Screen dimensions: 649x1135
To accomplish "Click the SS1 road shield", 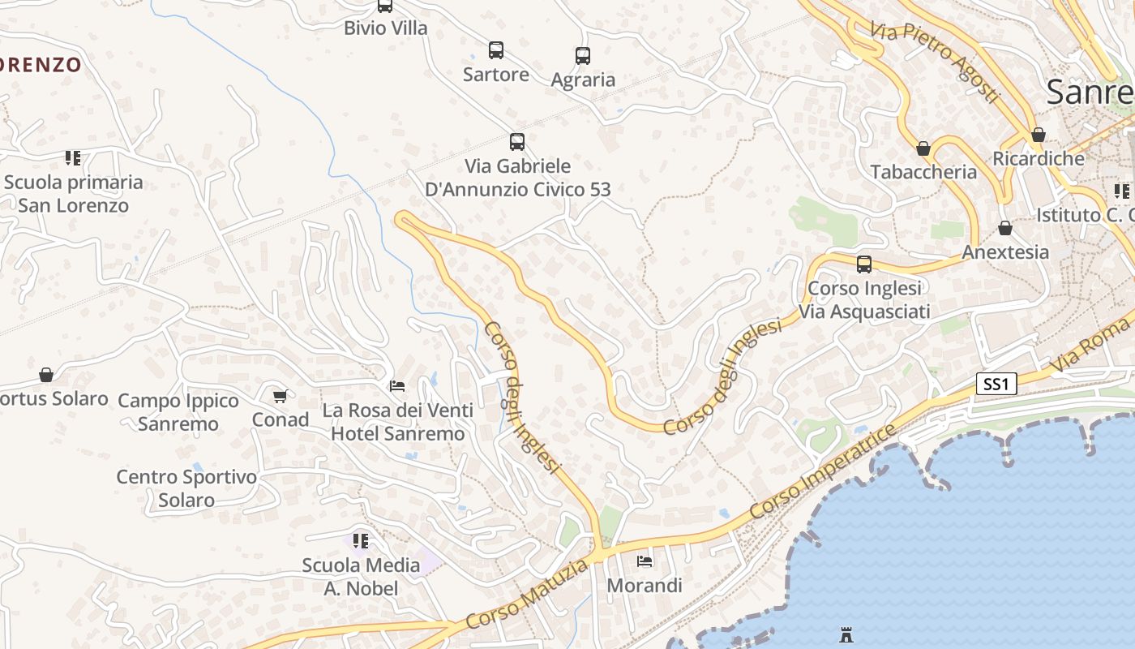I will click(x=996, y=384).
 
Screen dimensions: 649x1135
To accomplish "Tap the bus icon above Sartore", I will click(x=496, y=50).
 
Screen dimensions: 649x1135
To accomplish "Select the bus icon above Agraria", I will click(x=583, y=55).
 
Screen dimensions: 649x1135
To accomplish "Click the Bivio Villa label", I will click(x=385, y=28).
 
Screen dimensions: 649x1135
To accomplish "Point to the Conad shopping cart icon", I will click(x=280, y=396).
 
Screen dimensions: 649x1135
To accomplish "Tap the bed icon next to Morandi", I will click(x=645, y=561).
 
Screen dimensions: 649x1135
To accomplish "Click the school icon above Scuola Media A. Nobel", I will click(x=361, y=540).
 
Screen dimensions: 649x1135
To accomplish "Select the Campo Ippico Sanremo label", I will click(x=178, y=412).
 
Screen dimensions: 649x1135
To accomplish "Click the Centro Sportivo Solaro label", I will click(x=186, y=488).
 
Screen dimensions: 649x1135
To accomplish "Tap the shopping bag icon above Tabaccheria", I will click(x=923, y=148).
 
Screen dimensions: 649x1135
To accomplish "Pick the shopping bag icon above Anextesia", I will click(x=1005, y=229).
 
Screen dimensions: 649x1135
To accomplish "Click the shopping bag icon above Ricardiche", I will click(x=1039, y=135).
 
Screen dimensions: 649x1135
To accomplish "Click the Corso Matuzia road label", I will click(x=528, y=595).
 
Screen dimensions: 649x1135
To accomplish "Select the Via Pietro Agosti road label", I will click(x=934, y=62).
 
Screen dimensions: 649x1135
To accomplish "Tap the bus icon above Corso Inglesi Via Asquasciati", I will click(x=864, y=264).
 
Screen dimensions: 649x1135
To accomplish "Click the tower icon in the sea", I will click(x=846, y=634).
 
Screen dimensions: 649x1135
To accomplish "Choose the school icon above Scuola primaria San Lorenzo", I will click(x=73, y=157).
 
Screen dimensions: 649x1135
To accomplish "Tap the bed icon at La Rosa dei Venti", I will click(x=397, y=386).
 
